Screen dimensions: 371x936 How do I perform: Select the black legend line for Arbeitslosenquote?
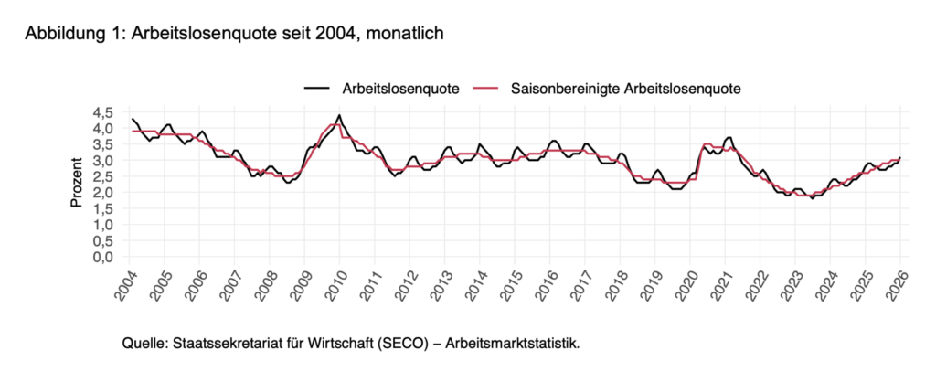(317, 89)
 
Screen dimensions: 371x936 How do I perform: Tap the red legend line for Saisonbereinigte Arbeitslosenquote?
(485, 89)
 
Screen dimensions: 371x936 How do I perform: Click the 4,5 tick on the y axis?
(103, 112)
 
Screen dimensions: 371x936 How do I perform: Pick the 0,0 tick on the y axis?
(103, 257)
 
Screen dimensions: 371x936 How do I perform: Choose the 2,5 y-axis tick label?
(103, 176)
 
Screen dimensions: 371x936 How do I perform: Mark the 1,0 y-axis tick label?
(103, 225)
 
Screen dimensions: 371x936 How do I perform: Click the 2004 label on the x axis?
(126, 284)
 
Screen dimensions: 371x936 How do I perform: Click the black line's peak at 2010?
(339, 115)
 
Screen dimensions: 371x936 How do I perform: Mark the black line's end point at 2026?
(900, 157)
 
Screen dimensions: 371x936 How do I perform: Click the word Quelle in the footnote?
(144, 344)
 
